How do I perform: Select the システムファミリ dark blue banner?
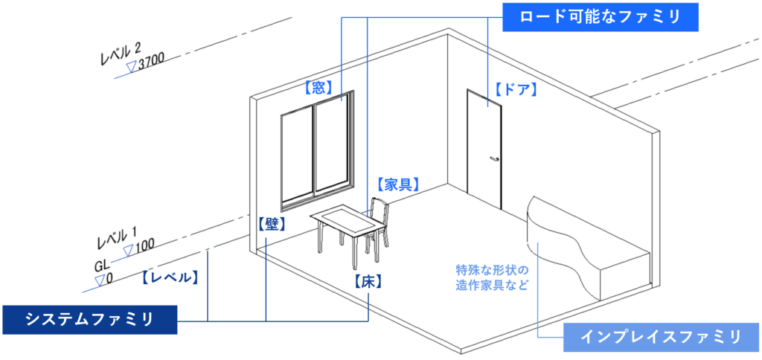(89, 320)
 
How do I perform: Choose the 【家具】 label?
(397, 184)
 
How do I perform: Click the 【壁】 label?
(272, 223)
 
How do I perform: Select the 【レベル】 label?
(169, 277)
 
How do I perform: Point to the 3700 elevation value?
(150, 63)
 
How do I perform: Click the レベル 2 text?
(120, 54)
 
